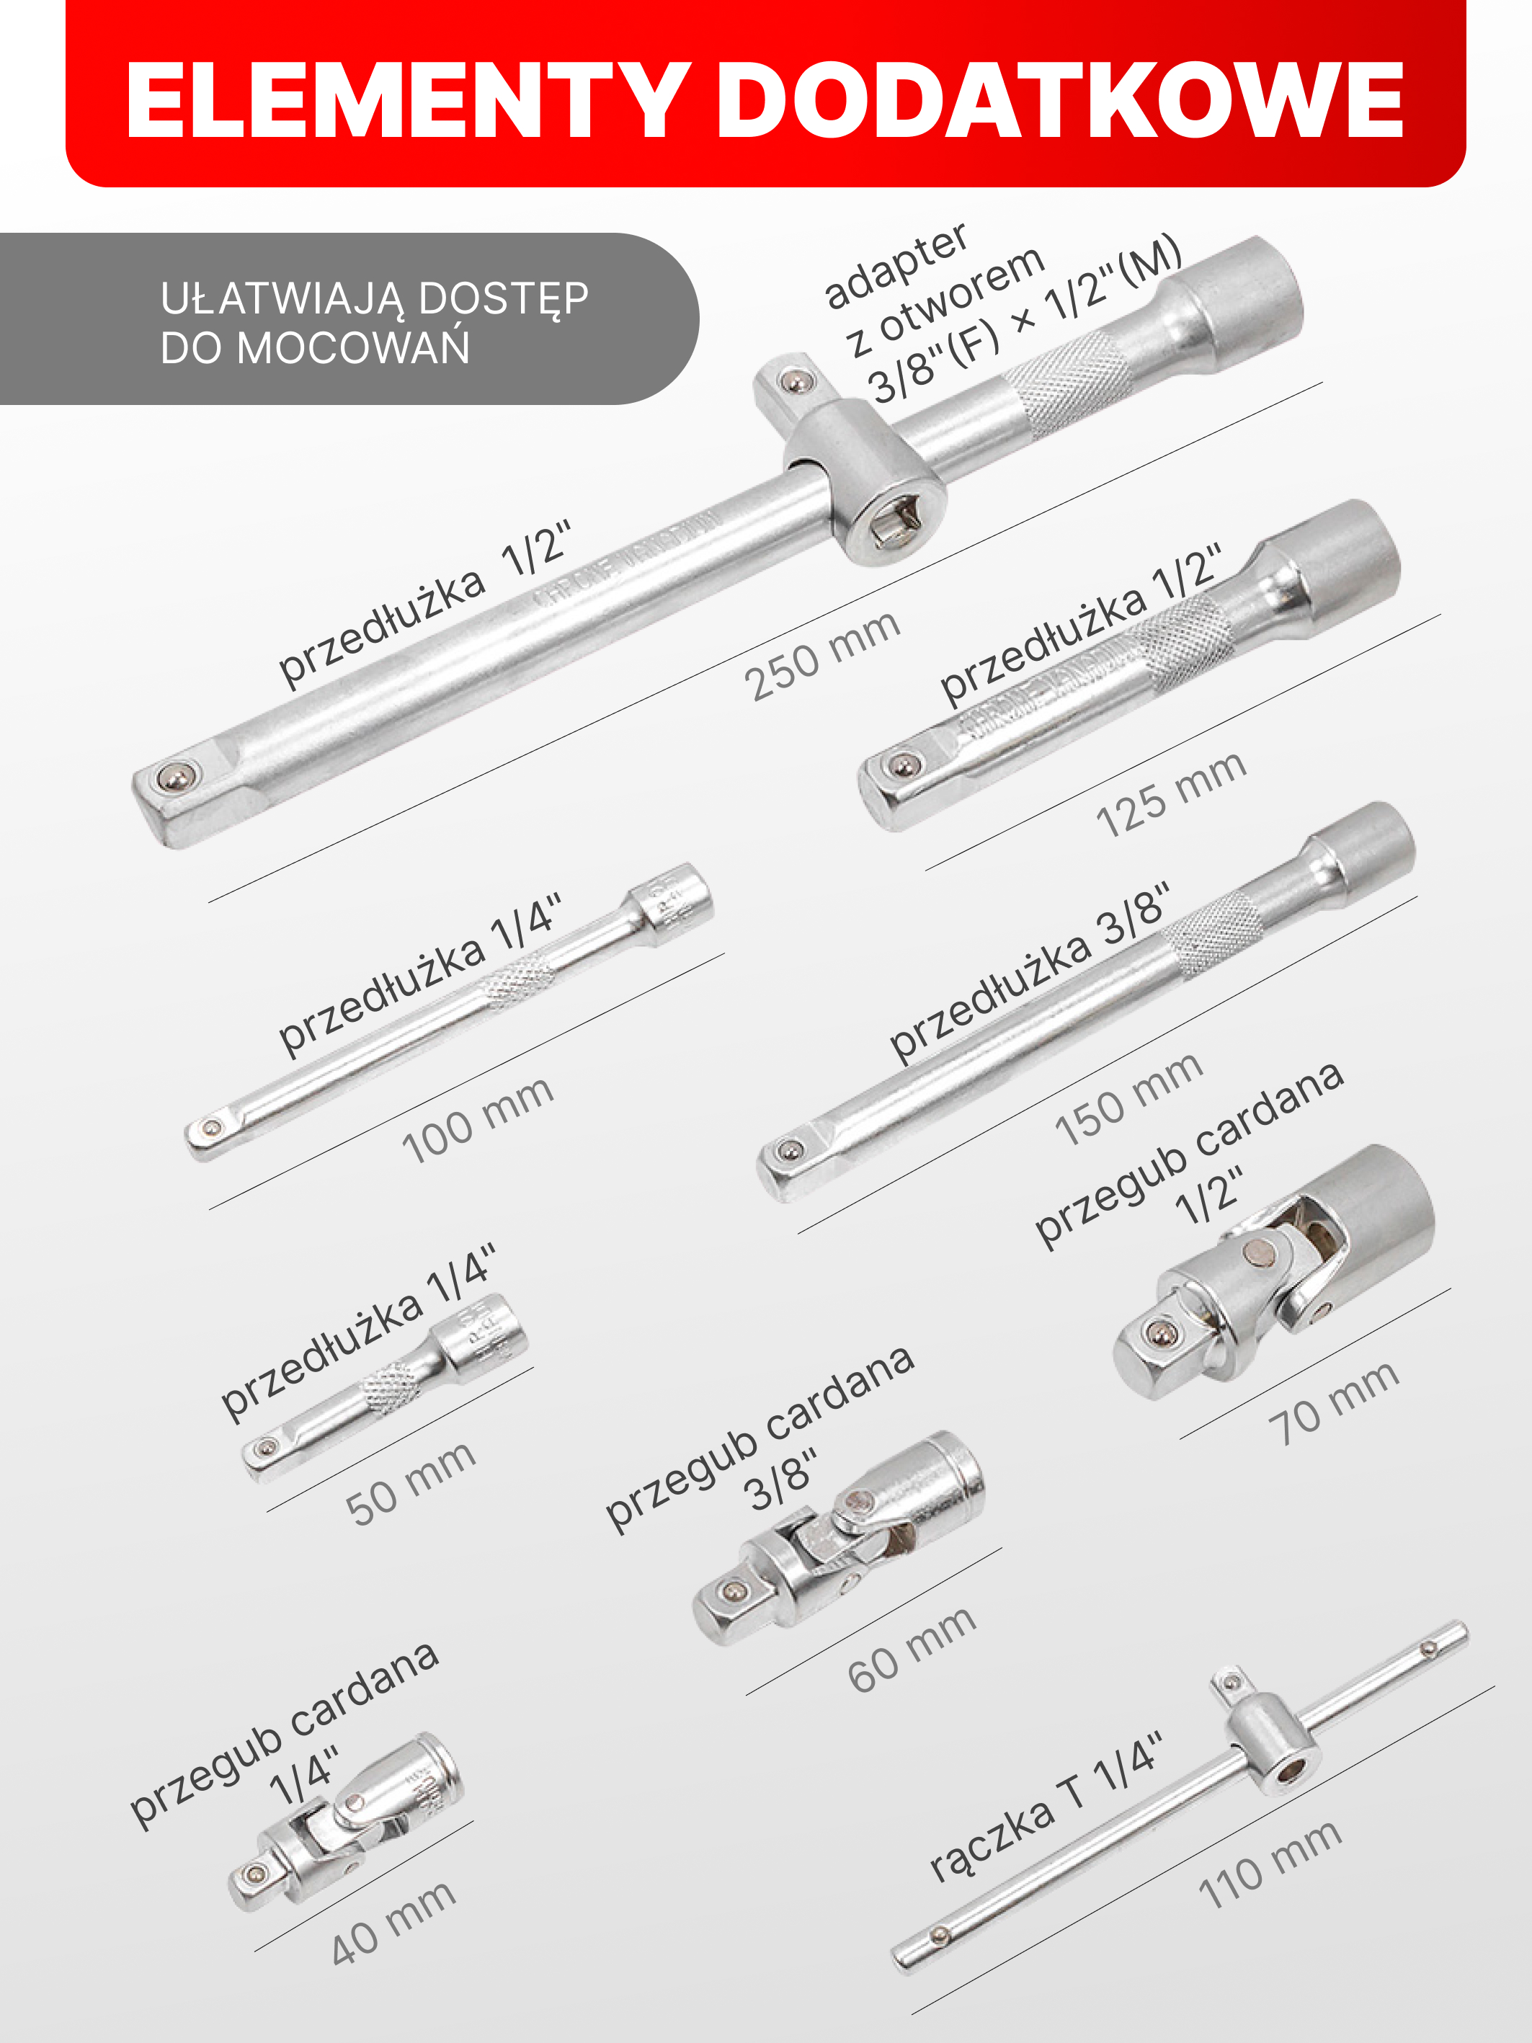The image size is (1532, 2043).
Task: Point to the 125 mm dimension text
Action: click(1171, 794)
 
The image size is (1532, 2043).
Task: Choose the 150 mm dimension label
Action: click(1128, 1099)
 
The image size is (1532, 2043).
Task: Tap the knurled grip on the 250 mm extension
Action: click(1069, 383)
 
